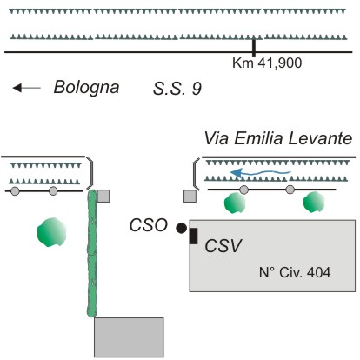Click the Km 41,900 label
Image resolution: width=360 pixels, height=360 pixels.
point(267,63)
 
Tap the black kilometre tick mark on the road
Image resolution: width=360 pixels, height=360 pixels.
point(254,48)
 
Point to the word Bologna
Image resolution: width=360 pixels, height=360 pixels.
point(86,88)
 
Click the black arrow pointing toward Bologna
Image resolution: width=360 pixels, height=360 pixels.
point(27,88)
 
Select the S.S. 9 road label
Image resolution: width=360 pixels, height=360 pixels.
point(177,89)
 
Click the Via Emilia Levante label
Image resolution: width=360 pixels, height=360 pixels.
point(278,138)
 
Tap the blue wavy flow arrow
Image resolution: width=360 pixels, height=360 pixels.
point(260,173)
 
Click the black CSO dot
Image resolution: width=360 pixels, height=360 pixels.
point(182,228)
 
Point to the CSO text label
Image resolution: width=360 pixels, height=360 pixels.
point(149,225)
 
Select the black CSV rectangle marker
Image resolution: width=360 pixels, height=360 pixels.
point(193,236)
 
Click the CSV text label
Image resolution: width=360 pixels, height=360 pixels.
point(223,246)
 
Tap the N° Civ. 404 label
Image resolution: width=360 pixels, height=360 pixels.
point(295,272)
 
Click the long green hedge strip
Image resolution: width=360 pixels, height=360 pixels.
point(92,253)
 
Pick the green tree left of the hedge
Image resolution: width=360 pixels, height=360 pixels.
point(51,232)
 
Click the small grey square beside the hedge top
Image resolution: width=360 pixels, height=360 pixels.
point(103,196)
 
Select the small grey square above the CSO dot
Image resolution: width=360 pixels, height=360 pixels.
point(190,196)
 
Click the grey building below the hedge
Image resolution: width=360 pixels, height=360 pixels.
point(129,337)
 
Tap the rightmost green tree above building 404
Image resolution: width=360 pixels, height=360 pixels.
point(314,202)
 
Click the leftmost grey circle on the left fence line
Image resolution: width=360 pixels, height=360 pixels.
point(15,191)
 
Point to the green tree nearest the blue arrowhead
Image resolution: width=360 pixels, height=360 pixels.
point(235,203)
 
